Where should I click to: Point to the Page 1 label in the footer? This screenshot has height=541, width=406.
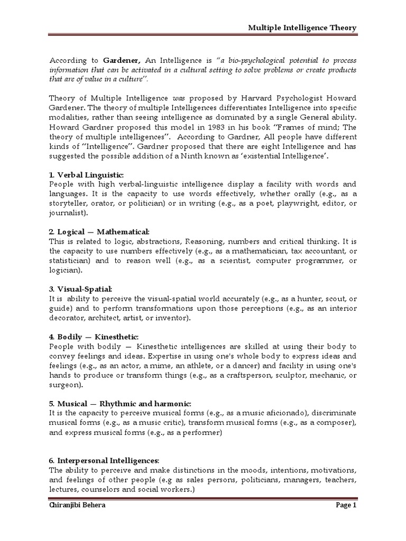click(346, 520)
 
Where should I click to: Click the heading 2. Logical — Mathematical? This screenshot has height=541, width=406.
click(99, 232)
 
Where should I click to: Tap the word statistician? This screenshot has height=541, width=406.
click(70, 260)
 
